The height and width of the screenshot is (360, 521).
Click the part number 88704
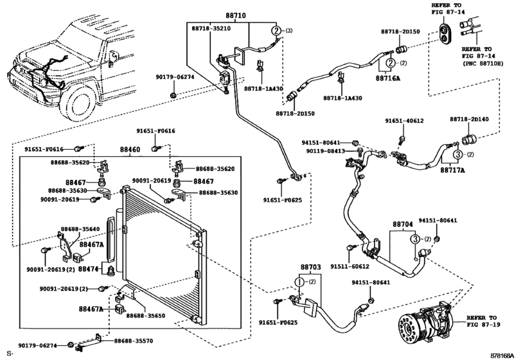pos(403,226)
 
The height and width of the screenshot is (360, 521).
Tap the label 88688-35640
pos(80,228)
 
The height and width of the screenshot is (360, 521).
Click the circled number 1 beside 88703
pos(299,281)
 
